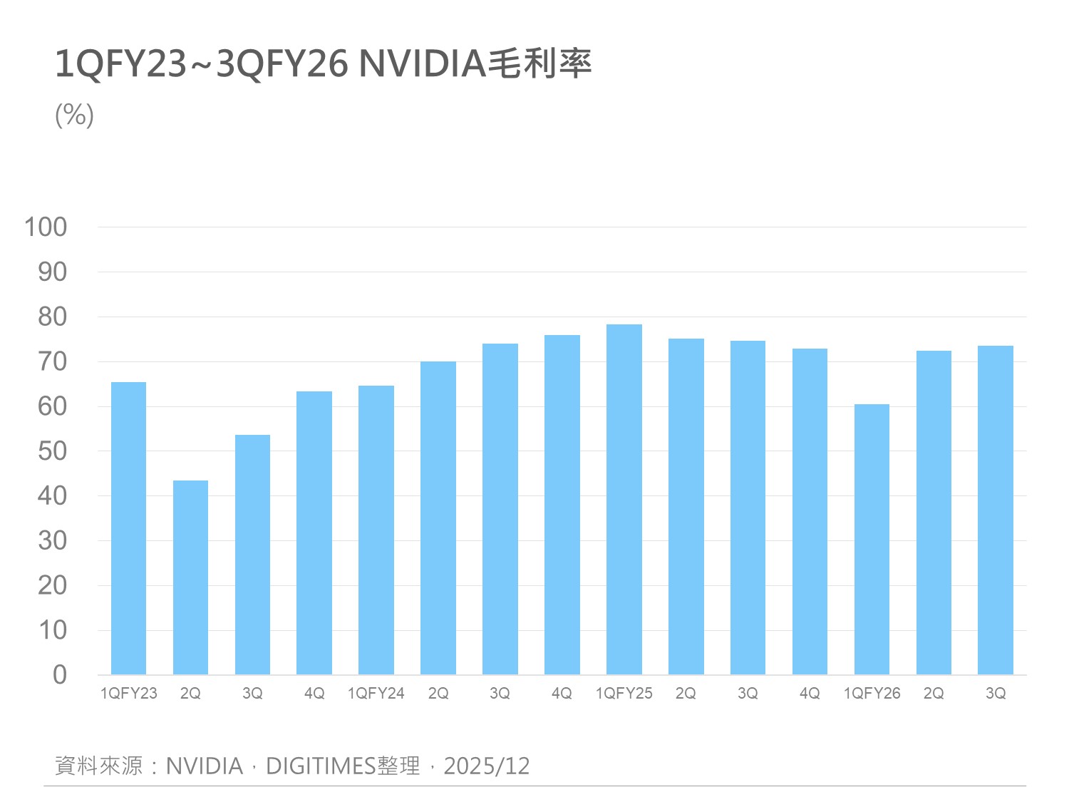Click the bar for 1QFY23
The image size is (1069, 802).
pyautogui.click(x=128, y=528)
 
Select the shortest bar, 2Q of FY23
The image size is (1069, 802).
pyautogui.click(x=190, y=577)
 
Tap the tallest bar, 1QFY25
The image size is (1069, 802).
pyautogui.click(x=624, y=499)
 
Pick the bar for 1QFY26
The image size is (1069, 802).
pyautogui.click(x=872, y=539)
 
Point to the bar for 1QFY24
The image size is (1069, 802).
pyautogui.click(x=376, y=530)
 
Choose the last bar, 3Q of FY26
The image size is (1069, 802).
pyautogui.click(x=995, y=510)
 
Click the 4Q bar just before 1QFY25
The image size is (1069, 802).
pyautogui.click(x=562, y=505)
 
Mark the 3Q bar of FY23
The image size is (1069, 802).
pyautogui.click(x=252, y=555)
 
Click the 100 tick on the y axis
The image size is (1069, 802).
pyautogui.click(x=46, y=227)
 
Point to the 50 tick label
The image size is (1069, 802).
pyautogui.click(x=52, y=451)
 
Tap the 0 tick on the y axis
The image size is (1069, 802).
pyautogui.click(x=60, y=675)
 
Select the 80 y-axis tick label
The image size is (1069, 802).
pyautogui.click(x=52, y=317)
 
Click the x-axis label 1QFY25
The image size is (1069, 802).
pyautogui.click(x=624, y=694)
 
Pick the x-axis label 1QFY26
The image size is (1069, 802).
pyautogui.click(x=872, y=694)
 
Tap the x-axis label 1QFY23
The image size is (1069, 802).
pyautogui.click(x=128, y=694)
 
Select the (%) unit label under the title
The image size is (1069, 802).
pyautogui.click(x=74, y=115)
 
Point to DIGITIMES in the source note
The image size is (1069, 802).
pyautogui.click(x=321, y=766)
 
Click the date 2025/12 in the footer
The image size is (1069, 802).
pyautogui.click(x=487, y=766)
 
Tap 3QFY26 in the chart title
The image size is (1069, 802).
pyautogui.click(x=282, y=65)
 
